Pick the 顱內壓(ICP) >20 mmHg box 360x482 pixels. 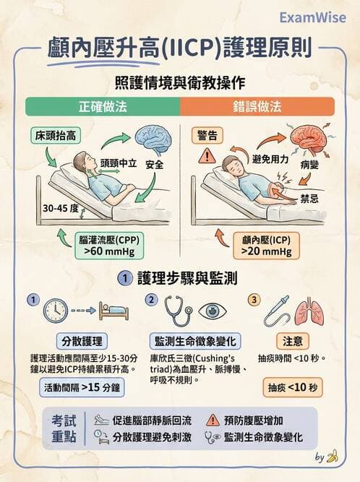click(x=267, y=246)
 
